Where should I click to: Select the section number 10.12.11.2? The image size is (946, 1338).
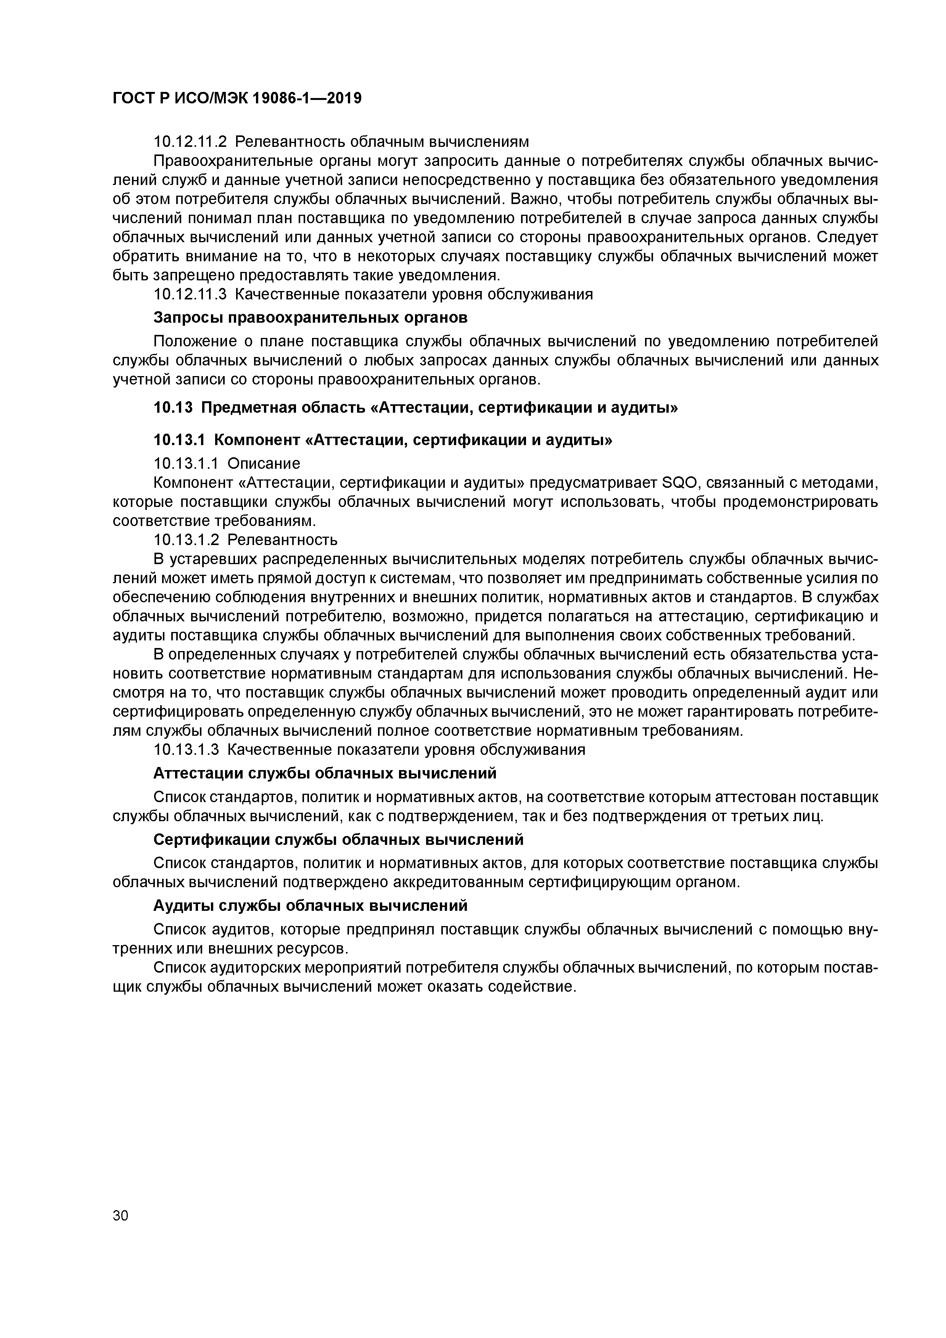(x=190, y=142)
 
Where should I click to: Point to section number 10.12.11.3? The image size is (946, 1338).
(x=190, y=294)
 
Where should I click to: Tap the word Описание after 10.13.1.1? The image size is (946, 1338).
(x=264, y=464)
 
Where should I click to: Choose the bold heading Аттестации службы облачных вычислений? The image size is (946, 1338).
(x=325, y=773)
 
